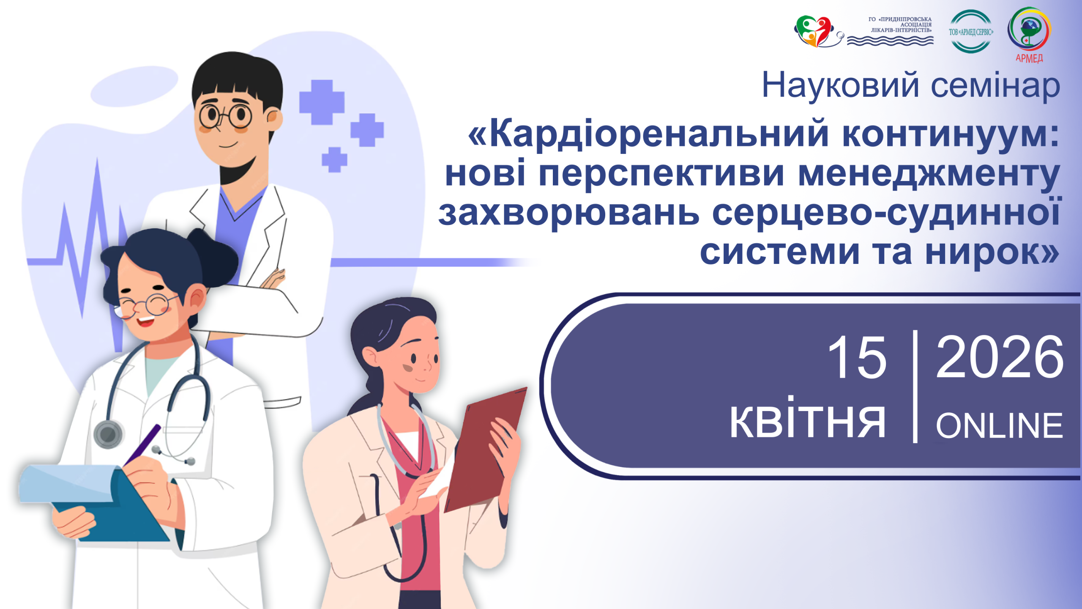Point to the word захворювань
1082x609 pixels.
(x=569, y=214)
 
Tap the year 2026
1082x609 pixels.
(x=1000, y=358)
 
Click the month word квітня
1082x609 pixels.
(x=808, y=419)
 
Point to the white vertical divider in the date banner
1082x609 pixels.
(x=915, y=387)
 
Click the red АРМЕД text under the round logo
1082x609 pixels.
(x=1029, y=58)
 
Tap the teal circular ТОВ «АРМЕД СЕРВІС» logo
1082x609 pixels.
(x=971, y=31)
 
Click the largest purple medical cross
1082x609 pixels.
(x=322, y=102)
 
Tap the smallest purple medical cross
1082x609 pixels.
(x=334, y=160)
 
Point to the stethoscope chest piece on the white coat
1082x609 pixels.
(x=108, y=434)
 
